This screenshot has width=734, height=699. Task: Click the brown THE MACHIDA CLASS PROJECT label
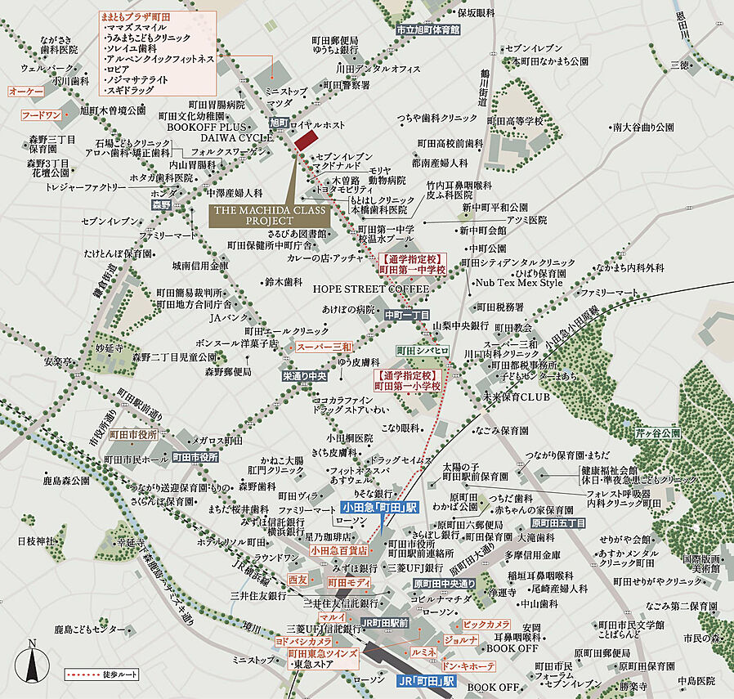[x=267, y=216]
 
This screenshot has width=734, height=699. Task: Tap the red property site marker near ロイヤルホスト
[x=304, y=139]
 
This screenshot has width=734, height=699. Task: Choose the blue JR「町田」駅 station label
[x=425, y=680]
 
